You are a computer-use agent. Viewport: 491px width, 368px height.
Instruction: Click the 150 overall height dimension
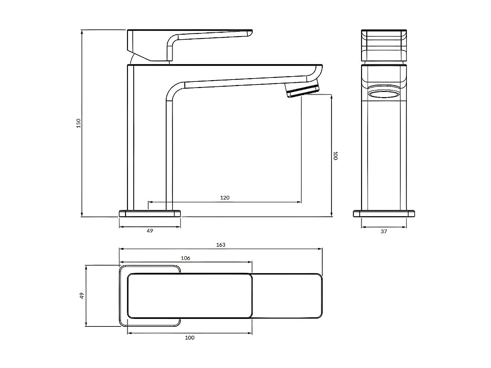tap(78, 123)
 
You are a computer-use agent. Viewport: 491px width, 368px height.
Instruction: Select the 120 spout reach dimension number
tap(225, 198)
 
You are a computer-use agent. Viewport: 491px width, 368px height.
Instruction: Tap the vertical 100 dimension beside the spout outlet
tap(335, 156)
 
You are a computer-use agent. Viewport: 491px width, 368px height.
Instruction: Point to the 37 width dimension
tap(384, 232)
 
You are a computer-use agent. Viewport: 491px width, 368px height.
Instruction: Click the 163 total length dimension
tap(221, 245)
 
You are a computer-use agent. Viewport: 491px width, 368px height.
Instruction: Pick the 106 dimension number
tap(185, 258)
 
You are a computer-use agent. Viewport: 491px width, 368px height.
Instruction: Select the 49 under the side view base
tap(150, 231)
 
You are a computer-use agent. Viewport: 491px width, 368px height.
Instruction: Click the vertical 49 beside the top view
tap(82, 295)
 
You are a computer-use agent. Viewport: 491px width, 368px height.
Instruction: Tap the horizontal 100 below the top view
tap(190, 338)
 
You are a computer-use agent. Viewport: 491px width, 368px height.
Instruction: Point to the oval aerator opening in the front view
tap(384, 95)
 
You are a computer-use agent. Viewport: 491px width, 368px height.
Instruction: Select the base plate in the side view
tap(150, 214)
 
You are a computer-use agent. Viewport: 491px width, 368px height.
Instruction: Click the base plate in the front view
tap(384, 214)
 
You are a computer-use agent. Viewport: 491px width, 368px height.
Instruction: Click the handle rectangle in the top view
tap(190, 296)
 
